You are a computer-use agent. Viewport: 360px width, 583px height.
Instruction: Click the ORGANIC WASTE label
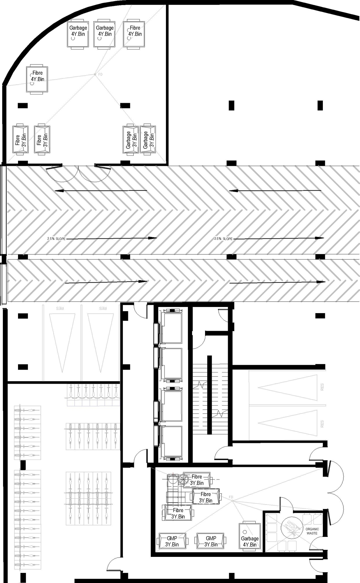pos(312,531)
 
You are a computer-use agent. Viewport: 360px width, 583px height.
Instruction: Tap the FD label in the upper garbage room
pos(100,74)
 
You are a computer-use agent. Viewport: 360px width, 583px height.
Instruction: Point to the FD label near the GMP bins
pos(231,497)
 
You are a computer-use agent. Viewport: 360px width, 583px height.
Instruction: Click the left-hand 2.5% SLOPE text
pos(56,239)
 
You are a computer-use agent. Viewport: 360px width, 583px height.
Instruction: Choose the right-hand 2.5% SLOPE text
pos(223,239)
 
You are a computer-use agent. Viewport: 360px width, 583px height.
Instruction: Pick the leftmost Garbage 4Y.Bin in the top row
pos(78,34)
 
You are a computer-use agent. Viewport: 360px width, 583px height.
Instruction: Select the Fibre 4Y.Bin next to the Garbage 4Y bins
pos(135,34)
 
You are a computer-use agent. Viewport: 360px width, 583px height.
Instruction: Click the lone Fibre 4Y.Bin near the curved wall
pos(37,79)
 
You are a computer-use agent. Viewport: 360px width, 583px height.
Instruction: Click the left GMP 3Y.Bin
pos(172,541)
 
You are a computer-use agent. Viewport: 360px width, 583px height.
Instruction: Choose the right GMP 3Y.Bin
pos(211,541)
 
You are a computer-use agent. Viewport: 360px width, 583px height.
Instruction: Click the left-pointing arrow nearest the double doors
pos(101,191)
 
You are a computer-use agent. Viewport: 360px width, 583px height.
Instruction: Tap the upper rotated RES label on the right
pos(322,387)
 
